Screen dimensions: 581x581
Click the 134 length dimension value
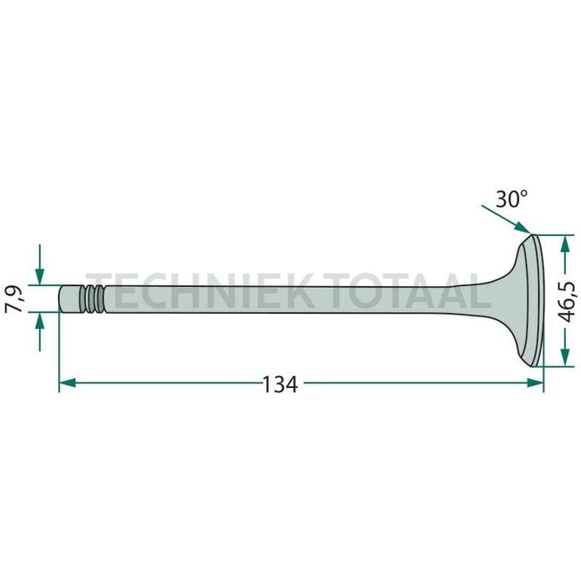279,384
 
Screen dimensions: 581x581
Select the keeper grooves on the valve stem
92,299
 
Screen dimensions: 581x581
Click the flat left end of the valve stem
60,299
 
